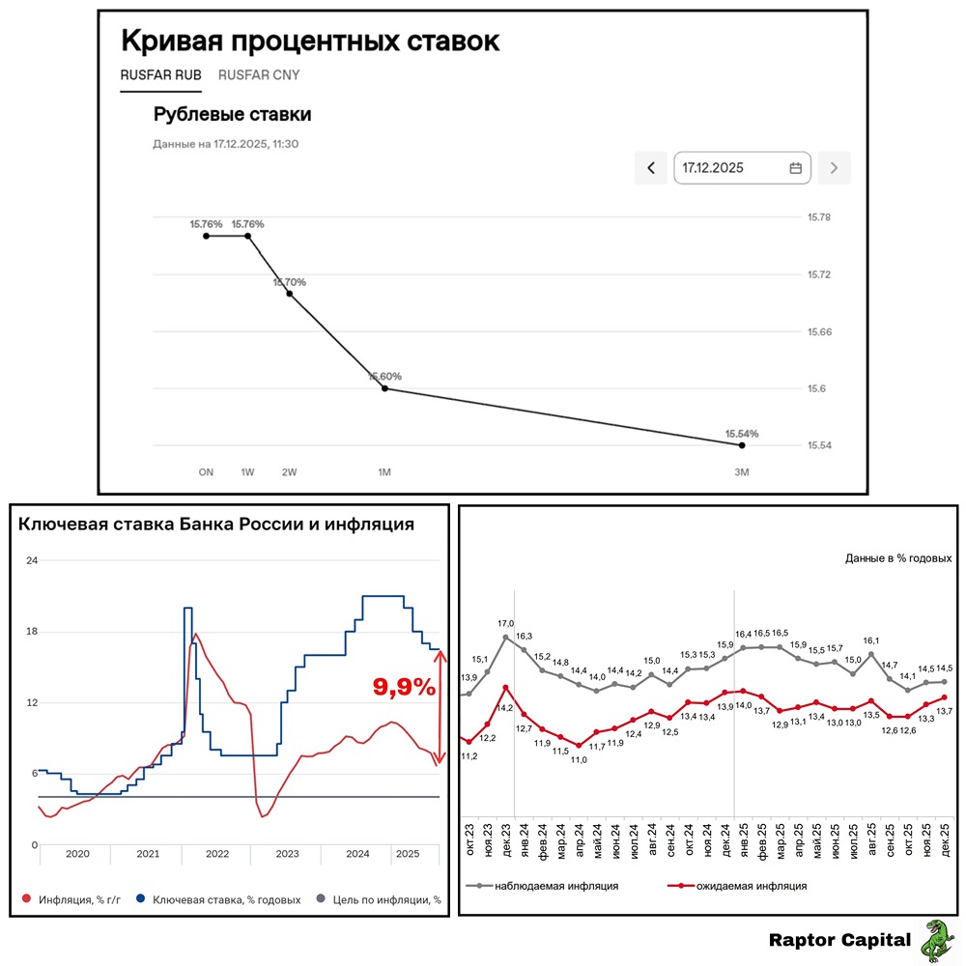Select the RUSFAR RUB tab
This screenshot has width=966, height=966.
tap(160, 74)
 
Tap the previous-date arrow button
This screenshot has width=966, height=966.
tap(650, 167)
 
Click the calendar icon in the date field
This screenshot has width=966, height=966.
tap(796, 167)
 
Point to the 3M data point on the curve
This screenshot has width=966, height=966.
tap(741, 444)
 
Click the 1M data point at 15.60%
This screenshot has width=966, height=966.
tap(385, 388)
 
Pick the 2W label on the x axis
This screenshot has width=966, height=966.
tap(290, 472)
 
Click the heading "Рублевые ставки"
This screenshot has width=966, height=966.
tap(232, 114)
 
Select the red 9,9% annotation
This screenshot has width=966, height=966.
tap(404, 687)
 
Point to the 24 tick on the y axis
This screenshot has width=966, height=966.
tap(31, 560)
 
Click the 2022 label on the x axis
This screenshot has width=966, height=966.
tap(217, 854)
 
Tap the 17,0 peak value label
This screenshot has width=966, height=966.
tap(505, 624)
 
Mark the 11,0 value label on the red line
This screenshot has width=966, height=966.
tap(579, 759)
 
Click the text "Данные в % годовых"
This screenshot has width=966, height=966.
tap(898, 558)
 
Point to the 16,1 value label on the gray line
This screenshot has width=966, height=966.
tap(871, 640)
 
